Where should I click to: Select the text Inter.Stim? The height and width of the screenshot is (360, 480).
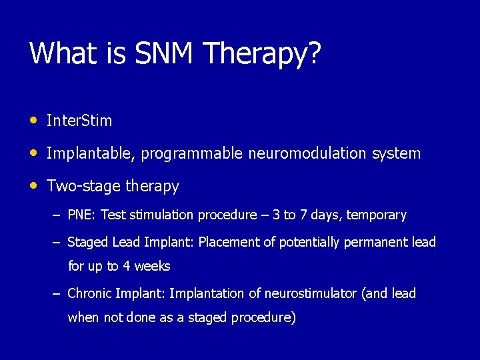(79, 121)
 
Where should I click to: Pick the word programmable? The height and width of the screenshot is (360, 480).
(192, 154)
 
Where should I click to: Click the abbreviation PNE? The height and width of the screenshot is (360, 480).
(82, 215)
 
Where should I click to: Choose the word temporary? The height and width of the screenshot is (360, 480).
(376, 215)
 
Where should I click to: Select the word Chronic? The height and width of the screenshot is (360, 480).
(89, 294)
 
